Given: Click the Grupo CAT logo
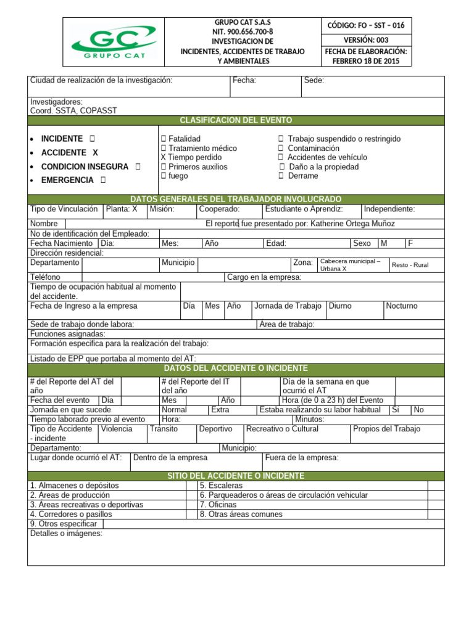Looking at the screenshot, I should [x=114, y=42].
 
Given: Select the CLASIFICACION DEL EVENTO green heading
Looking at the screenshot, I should [x=236, y=120].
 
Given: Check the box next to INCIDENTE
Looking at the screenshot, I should [x=92, y=139].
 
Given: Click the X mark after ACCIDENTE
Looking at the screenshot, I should [x=95, y=153].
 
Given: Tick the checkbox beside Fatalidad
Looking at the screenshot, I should [x=164, y=139].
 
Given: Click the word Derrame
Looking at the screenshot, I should [x=303, y=176].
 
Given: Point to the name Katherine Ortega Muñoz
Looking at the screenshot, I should [x=352, y=224].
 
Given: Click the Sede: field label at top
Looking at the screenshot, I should [x=314, y=81].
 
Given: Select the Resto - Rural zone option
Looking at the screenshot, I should [x=410, y=265].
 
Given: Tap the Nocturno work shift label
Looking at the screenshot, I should [x=401, y=306].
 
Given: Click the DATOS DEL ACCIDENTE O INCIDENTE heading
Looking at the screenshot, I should [x=236, y=368].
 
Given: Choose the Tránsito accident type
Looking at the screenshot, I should [x=164, y=429].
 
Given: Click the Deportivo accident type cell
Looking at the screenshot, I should [x=215, y=429].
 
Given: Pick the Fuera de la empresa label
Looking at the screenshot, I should [x=301, y=458].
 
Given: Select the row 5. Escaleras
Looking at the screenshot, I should [x=221, y=486].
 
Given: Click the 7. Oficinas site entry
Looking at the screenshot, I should [x=218, y=505].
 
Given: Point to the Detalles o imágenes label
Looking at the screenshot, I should [x=66, y=534].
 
